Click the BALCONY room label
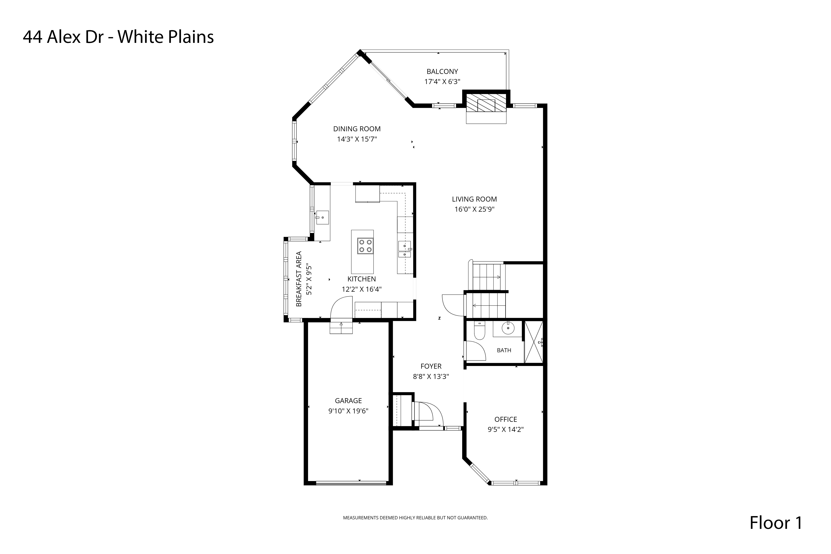442,71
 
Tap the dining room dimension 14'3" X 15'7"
357,139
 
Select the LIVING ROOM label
474,199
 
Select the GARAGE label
348,401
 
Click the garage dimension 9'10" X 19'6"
348,411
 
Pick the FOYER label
431,366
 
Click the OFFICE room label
506,419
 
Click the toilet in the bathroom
480,330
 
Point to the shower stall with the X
533,342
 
